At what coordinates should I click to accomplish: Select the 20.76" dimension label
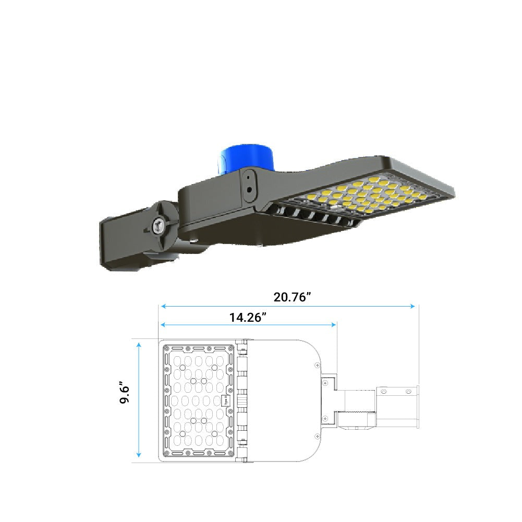(292, 297)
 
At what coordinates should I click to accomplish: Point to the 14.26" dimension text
(248, 317)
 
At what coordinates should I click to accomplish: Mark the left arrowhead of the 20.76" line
(163, 306)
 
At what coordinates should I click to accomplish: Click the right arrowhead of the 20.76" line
(412, 306)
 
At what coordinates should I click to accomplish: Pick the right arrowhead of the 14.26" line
(333, 324)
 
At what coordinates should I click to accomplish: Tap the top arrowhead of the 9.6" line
(139, 346)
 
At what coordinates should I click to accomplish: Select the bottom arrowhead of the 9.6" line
(139, 454)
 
